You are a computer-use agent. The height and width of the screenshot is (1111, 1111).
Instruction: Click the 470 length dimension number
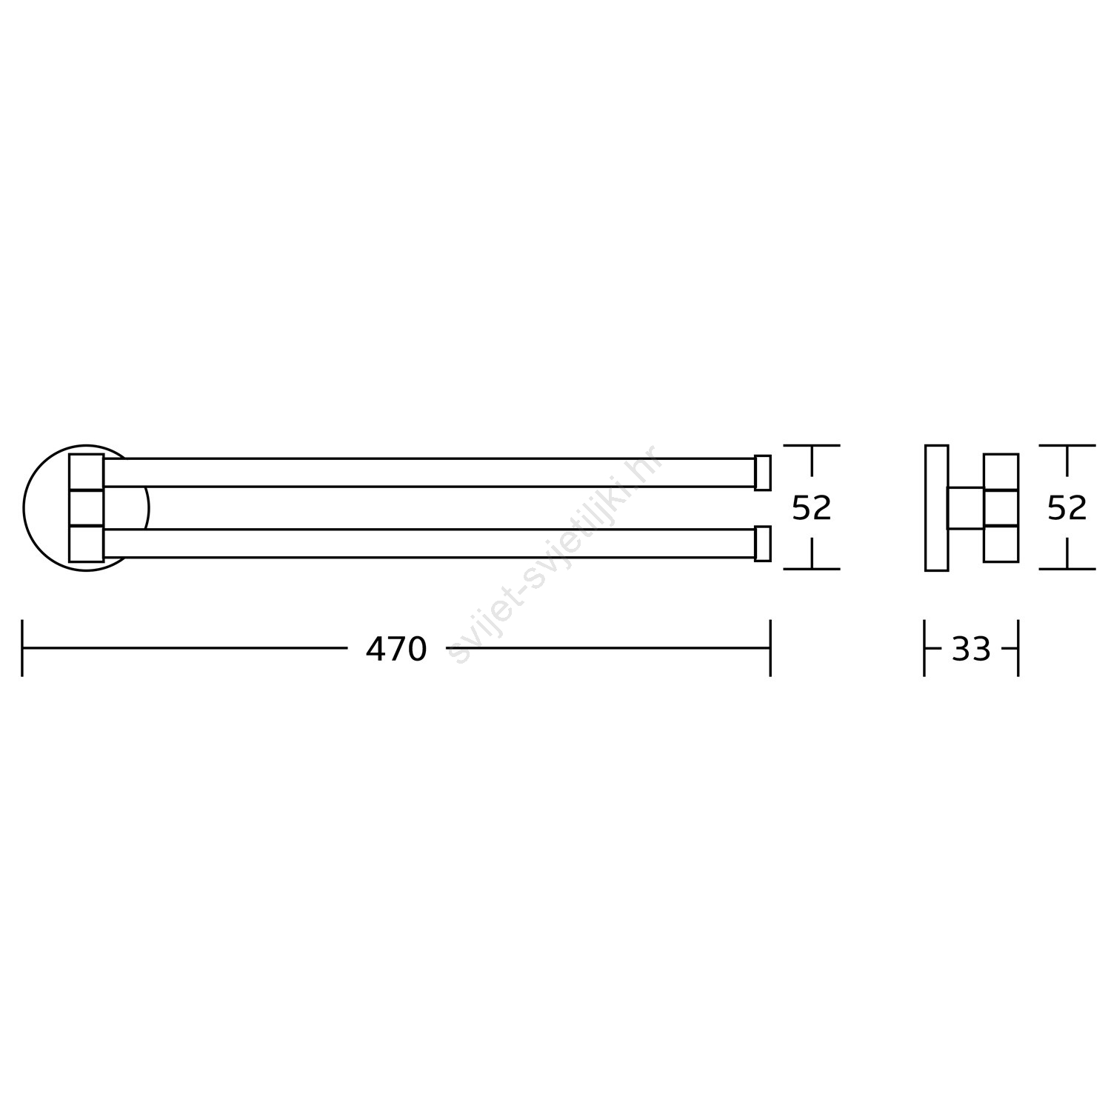tap(396, 650)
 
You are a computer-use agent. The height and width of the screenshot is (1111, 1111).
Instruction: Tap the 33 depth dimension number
tap(971, 650)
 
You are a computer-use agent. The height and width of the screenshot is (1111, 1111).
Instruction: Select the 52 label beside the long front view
tap(812, 508)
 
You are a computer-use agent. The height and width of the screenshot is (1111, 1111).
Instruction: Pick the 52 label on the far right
tap(1067, 508)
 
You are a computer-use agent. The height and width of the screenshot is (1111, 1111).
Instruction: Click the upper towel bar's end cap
tap(763, 473)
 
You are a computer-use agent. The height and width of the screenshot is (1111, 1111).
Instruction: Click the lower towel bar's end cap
tap(763, 544)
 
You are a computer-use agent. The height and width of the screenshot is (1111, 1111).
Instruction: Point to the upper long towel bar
tap(429, 473)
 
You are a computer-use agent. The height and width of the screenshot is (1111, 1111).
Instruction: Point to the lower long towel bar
tap(429, 544)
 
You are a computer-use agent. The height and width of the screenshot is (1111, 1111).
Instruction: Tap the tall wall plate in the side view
tap(937, 508)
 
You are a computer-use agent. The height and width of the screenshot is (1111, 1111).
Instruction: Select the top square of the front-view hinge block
tap(86, 472)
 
